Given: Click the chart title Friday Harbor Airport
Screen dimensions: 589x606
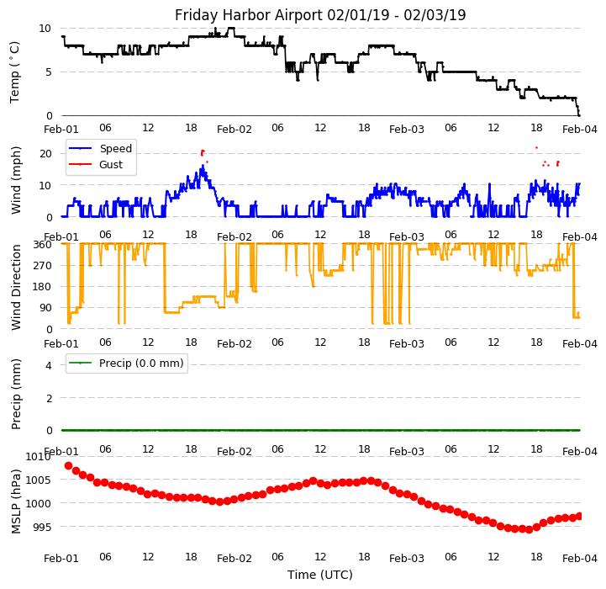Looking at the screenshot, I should (x=320, y=15).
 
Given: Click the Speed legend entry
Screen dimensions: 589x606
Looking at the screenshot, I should (x=115, y=149).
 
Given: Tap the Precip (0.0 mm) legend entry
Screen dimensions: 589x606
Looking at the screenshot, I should (x=135, y=363).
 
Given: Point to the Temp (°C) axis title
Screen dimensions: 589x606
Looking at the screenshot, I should (x=15, y=72).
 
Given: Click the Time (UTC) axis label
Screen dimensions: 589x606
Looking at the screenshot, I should (x=320, y=576).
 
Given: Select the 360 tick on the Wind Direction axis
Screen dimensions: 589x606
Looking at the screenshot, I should (x=43, y=244).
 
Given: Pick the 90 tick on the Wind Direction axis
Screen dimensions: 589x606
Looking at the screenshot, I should (x=46, y=308).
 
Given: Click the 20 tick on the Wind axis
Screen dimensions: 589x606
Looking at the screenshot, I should (x=46, y=153).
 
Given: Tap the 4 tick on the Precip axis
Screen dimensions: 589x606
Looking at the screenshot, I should (x=49, y=365).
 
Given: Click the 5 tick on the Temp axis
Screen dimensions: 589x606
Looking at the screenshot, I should (x=49, y=72).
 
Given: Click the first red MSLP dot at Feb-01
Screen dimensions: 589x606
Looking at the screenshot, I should (x=68, y=465).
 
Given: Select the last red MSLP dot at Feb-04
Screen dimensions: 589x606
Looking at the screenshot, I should (x=579, y=516).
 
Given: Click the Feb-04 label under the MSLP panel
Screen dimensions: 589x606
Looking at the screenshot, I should (x=580, y=557).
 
